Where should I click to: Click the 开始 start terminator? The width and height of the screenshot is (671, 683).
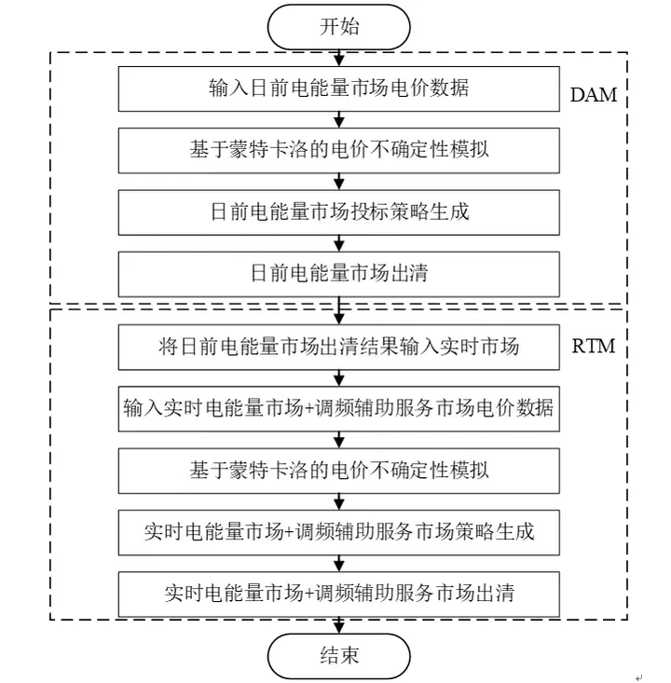point(339,26)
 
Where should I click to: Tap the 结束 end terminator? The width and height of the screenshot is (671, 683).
point(339,655)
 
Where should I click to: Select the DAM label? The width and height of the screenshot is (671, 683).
point(594,95)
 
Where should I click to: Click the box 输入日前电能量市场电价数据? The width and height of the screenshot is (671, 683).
point(339,89)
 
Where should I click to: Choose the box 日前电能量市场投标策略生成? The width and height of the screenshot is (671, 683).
point(339,212)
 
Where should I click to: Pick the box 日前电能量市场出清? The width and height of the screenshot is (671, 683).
point(339,274)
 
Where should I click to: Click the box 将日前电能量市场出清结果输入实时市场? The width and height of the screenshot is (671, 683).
point(339,347)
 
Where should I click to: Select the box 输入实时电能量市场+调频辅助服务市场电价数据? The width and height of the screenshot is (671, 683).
point(339,408)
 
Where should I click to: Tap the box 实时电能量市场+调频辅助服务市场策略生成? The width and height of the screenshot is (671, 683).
point(339,532)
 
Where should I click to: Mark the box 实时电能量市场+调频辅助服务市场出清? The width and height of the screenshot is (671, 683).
point(339,593)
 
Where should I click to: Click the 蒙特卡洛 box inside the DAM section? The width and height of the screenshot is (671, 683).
point(339,150)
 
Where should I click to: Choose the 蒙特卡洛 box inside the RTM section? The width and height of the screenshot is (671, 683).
point(339,470)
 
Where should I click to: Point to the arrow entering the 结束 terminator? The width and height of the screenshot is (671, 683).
point(339,624)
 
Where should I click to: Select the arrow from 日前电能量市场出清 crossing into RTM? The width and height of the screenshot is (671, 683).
point(339,310)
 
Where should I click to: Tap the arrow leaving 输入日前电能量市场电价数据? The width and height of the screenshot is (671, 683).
point(339,119)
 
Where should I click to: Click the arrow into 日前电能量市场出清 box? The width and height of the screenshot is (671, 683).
point(339,242)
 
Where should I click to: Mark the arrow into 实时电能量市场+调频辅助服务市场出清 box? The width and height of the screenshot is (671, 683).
point(339,562)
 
